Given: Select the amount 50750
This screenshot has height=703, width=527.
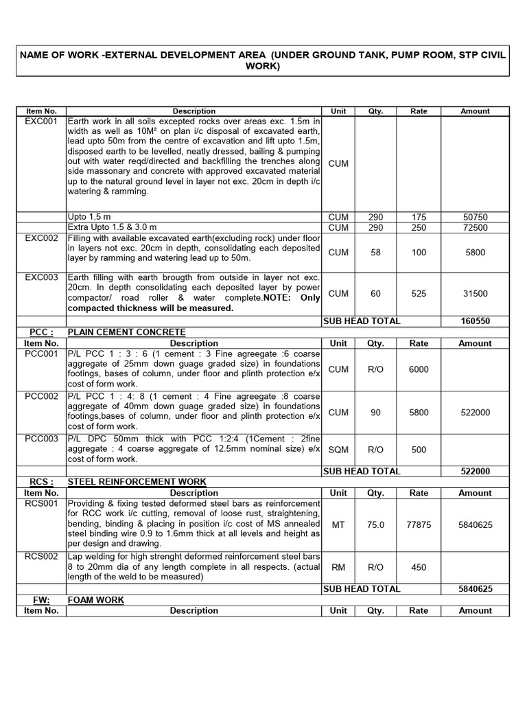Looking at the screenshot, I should (475, 217).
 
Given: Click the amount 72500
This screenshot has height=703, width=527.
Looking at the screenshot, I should (475, 227).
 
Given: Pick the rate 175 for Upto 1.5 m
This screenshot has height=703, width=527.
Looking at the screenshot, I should (419, 217).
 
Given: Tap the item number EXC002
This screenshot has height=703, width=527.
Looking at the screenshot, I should (41, 238).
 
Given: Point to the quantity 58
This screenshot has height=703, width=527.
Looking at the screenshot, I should (375, 253).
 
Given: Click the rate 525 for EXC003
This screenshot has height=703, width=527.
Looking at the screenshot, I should (419, 294).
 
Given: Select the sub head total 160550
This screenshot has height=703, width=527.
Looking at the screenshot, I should (475, 321).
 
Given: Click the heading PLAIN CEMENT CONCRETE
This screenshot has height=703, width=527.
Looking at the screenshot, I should (126, 332).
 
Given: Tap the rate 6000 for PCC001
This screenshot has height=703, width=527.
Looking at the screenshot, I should (419, 369).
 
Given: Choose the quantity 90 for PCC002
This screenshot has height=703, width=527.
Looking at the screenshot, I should (375, 412).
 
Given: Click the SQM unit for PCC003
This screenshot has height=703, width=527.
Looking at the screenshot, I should (338, 450).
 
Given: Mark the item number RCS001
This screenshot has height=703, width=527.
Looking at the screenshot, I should (41, 503).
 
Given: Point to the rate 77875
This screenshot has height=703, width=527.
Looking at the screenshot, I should (419, 525).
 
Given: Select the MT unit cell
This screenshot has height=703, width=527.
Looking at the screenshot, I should (338, 525).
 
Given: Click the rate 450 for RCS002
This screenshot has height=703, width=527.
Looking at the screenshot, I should (419, 567).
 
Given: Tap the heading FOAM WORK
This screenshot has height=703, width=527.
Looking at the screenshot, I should (95, 600).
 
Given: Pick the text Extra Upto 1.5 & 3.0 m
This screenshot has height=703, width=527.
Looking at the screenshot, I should (112, 227).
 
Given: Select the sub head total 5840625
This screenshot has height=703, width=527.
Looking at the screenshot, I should (475, 589).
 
